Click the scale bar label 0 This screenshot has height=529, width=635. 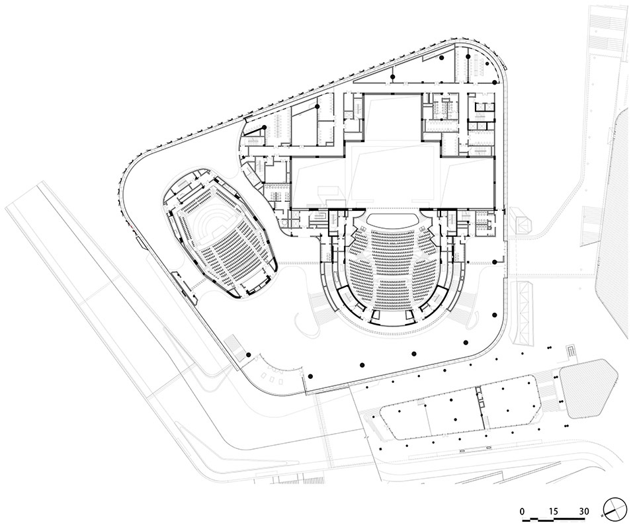coord(523,511)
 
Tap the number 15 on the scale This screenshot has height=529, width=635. coord(554,511)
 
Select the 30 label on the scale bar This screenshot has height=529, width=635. coord(584,511)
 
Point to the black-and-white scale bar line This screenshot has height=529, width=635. coord(554,518)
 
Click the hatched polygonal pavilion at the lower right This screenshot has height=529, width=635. coord(589,387)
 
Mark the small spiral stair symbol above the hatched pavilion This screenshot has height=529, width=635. coord(571,350)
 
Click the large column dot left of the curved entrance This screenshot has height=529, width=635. coord(249,355)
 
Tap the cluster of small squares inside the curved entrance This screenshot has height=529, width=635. coord(272,377)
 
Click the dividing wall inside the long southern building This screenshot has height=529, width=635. coord(480,409)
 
